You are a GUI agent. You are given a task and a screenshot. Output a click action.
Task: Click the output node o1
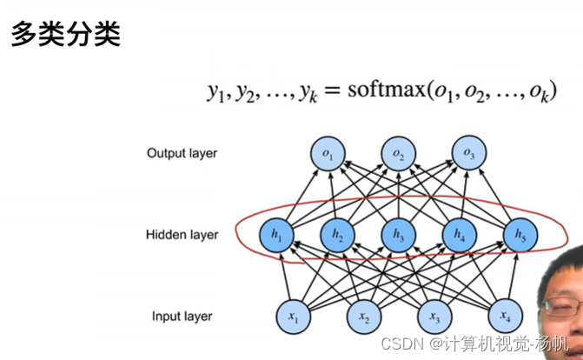tap(328, 155)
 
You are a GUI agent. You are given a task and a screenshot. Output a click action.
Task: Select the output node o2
tap(399, 155)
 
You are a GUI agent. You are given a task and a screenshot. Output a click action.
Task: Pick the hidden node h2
tap(337, 234)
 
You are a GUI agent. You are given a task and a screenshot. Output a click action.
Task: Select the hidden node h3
tap(399, 234)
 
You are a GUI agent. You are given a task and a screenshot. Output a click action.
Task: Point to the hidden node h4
tap(460, 234)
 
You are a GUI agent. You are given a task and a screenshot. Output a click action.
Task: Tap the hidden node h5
tap(520, 234)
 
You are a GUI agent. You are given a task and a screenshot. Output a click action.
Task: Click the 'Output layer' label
tap(182, 155)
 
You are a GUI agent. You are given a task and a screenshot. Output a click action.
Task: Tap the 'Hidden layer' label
tap(182, 235)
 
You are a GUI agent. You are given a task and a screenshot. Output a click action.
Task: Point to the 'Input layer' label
tap(182, 316)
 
